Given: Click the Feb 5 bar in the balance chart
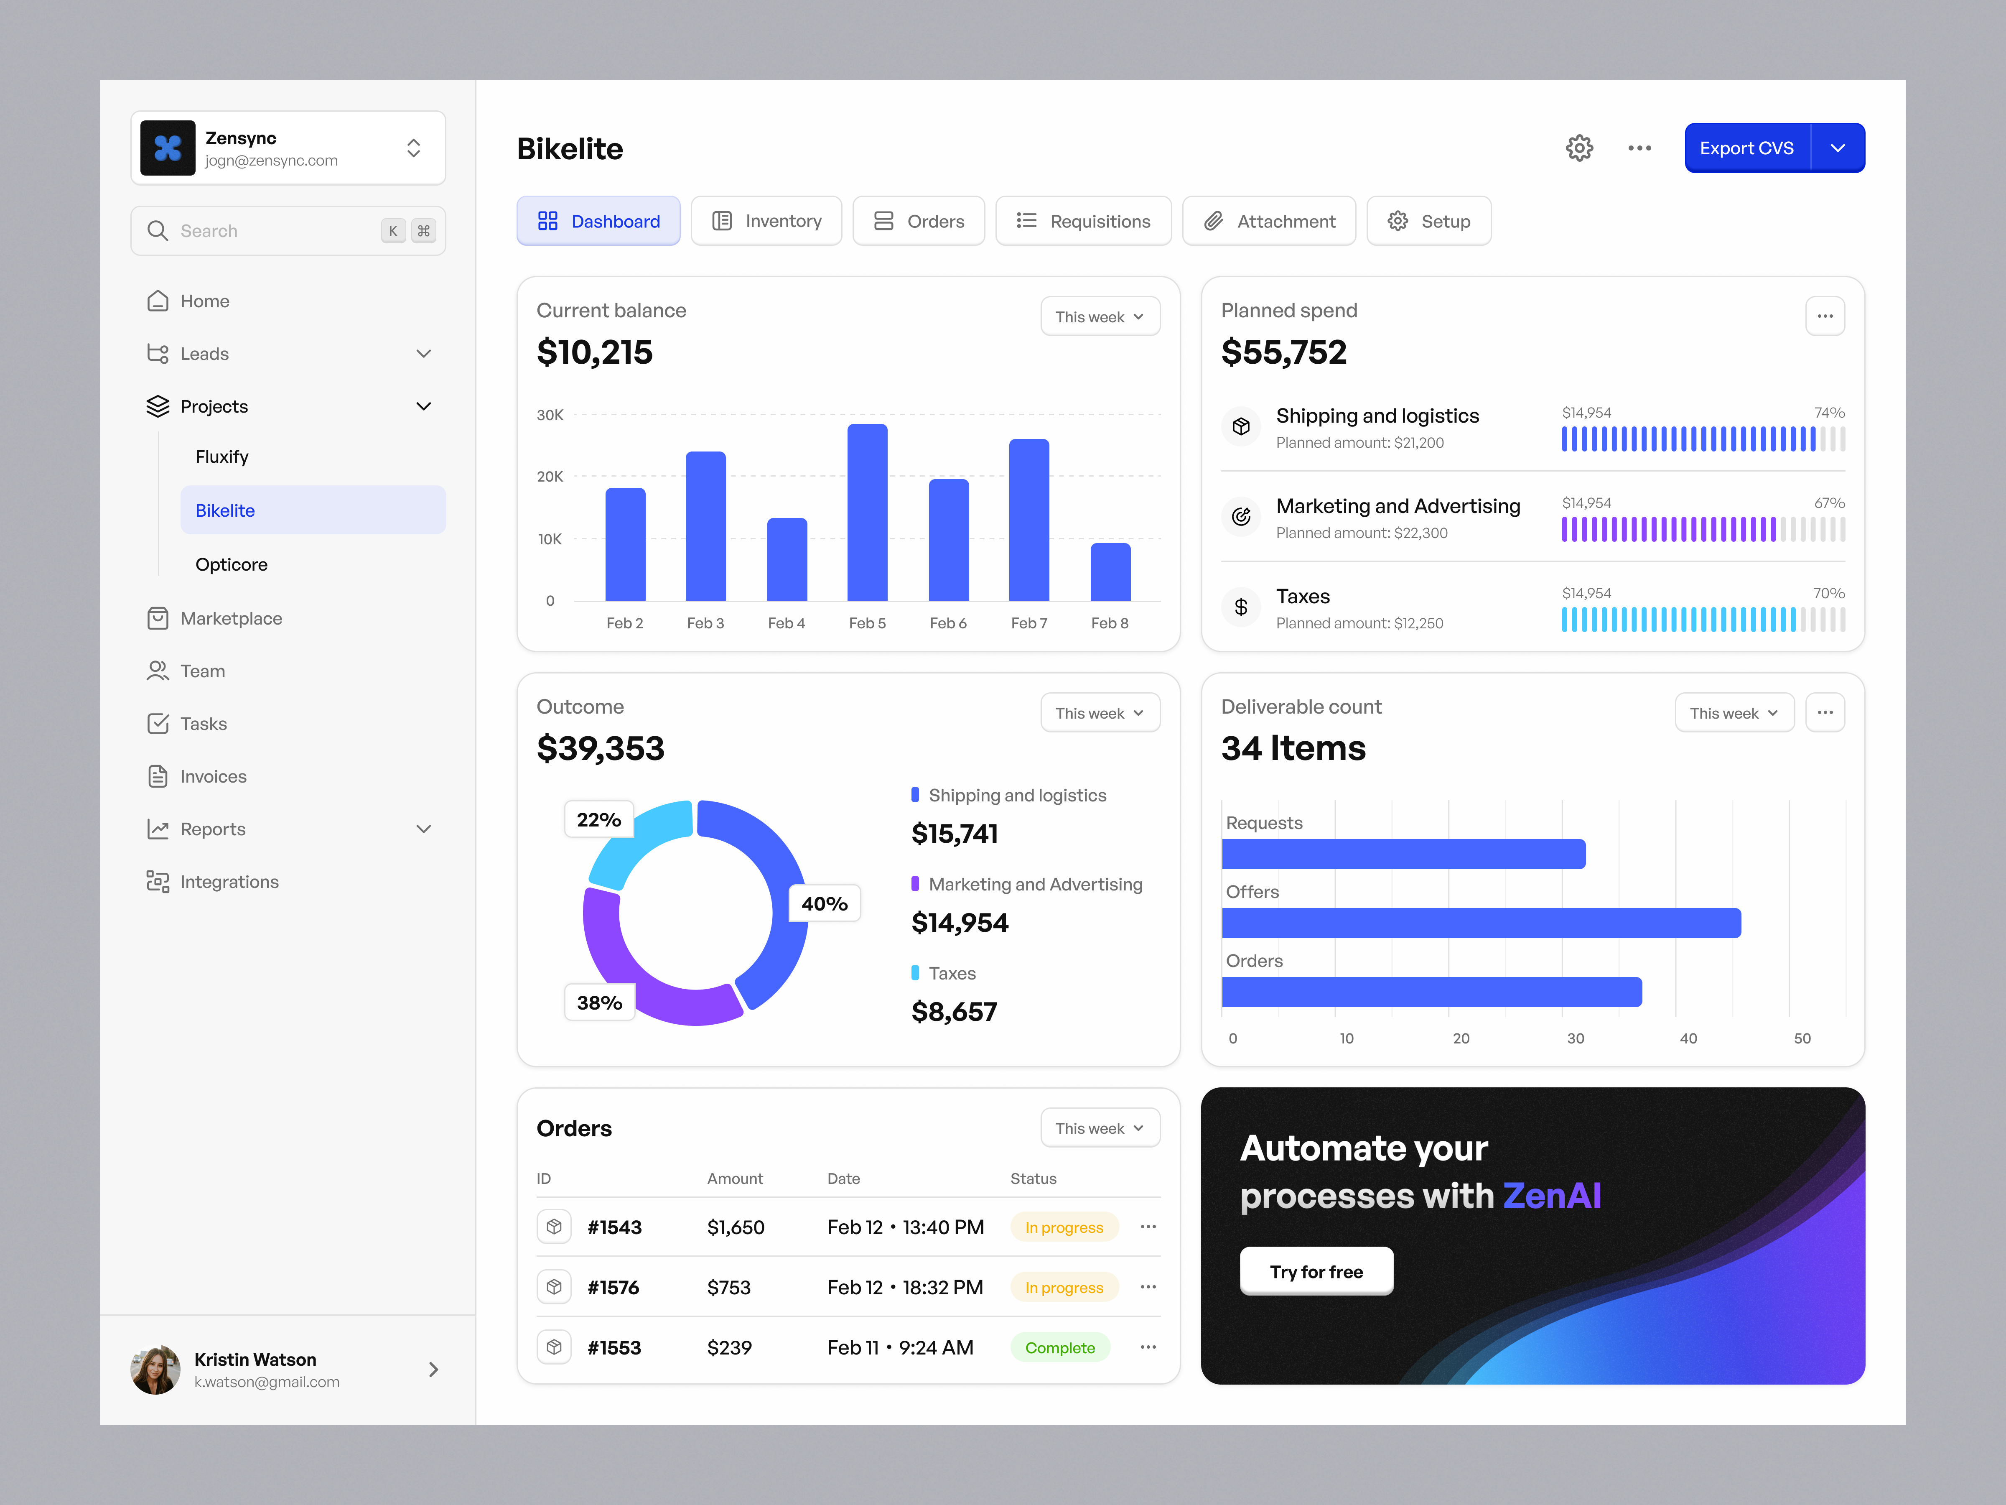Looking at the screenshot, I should click(867, 513).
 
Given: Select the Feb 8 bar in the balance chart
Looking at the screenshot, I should click(1110, 572).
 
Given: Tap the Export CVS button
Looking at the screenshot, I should click(1746, 148).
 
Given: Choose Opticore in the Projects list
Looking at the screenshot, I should click(231, 564).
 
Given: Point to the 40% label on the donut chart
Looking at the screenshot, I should click(823, 903).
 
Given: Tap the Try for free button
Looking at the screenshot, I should click(1316, 1272).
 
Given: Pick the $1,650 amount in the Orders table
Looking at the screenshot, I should click(736, 1227).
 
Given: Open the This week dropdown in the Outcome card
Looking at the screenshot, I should click(1099, 713).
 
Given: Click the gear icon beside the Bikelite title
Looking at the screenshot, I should click(1579, 148).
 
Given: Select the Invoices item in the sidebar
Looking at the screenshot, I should click(213, 777).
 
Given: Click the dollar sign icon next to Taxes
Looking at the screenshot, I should click(1241, 607).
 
